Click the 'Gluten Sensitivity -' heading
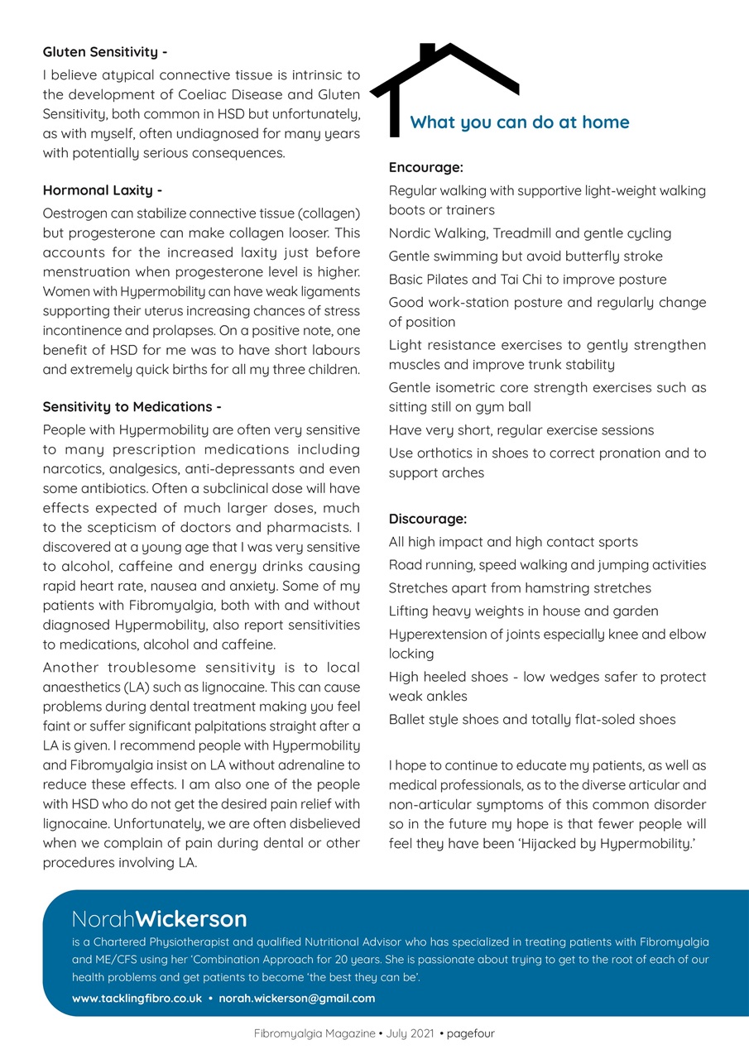105,52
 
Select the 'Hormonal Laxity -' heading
102,190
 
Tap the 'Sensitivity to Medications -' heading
132,406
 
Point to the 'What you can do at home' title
520,122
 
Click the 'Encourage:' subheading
425,167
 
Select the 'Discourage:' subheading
428,519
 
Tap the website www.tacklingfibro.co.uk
137,998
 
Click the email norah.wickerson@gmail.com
296,998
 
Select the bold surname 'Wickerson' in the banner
191,918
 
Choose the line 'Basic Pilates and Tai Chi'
527,280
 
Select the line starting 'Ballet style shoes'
531,719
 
